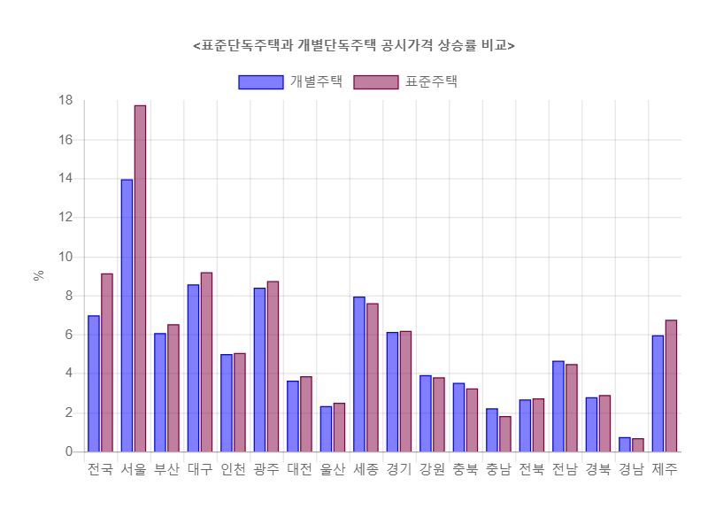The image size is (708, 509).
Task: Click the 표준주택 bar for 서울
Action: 140,279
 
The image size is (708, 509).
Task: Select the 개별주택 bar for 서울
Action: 127,316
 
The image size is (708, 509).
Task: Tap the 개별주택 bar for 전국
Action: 94,383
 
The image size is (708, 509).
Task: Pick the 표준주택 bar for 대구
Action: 206,362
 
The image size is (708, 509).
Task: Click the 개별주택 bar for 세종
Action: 359,374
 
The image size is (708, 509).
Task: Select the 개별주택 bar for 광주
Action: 259,370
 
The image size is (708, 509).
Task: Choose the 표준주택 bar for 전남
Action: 572,408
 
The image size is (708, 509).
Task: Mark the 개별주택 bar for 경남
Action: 625,444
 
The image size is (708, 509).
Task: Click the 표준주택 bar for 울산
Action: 339,428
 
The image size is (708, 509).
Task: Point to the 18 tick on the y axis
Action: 65,100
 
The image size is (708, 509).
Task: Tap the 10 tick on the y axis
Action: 65,257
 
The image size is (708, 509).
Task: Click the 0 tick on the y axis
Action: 69,451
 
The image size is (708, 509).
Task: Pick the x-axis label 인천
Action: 233,470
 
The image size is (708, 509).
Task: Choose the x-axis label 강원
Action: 432,470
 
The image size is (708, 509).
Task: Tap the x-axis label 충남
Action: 498,470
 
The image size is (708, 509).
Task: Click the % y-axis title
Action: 39,275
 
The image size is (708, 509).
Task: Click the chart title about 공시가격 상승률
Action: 354,45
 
